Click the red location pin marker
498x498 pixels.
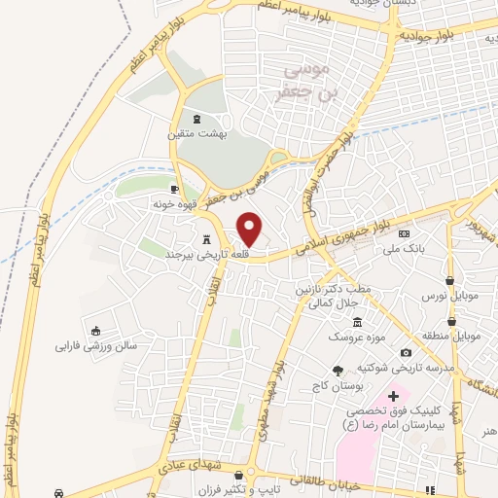(251, 229)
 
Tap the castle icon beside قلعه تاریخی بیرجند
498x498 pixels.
(206, 238)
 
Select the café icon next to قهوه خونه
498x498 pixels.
(174, 189)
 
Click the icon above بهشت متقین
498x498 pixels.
(197, 118)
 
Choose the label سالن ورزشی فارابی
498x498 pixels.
(93, 345)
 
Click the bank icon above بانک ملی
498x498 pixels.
(405, 233)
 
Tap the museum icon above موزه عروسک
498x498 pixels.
(357, 322)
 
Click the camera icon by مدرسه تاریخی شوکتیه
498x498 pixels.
(405, 352)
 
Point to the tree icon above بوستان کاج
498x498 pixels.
(338, 370)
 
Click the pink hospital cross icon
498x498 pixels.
(394, 396)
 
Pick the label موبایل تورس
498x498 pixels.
(446, 294)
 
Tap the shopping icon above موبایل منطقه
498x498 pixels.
(452, 321)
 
